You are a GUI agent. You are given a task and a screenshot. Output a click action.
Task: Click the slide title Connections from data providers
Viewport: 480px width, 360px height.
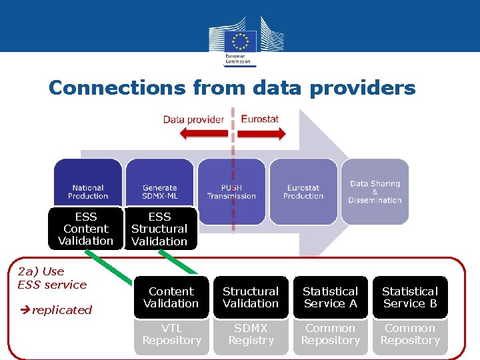pos(232,88)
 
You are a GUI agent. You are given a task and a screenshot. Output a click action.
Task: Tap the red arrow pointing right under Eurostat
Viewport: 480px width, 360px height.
pos(261,133)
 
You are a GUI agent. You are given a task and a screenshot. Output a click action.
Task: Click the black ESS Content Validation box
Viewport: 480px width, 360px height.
pos(85,229)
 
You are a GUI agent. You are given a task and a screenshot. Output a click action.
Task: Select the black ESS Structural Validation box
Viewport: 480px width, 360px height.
pos(159,229)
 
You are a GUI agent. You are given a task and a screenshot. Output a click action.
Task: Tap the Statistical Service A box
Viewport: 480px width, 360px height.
pos(330,297)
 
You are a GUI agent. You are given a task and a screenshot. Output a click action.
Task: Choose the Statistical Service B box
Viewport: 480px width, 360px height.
pos(409,297)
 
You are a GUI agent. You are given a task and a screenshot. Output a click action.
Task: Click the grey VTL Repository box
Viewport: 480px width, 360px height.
pos(171,334)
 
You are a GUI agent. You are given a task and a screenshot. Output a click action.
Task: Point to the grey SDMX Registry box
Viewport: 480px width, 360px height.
pos(251,334)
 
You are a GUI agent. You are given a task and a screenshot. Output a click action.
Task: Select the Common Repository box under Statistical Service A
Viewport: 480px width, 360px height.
pos(330,334)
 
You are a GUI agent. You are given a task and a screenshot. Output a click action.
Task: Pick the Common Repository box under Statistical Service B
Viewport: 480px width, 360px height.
pos(409,334)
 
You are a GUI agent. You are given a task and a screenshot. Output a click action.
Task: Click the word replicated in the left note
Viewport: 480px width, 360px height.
pos(62,310)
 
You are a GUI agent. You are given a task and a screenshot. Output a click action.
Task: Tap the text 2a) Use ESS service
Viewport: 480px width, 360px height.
pos(52,278)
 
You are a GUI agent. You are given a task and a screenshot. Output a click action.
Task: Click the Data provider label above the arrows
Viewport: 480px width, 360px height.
pos(193,119)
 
